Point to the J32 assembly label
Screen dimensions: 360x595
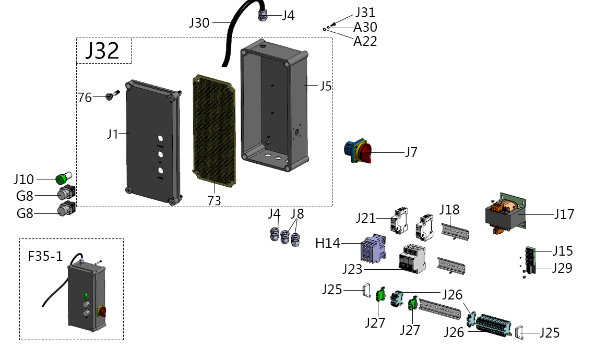pyautogui.click(x=102, y=51)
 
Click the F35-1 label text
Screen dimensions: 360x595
pyautogui.click(x=45, y=256)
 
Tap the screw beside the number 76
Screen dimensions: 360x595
pyautogui.click(x=112, y=96)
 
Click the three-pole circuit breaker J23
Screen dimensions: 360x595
pyautogui.click(x=411, y=258)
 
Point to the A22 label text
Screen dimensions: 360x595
pyautogui.click(x=365, y=41)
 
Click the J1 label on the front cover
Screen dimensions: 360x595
pyautogui.click(x=113, y=134)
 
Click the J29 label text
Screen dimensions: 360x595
pyautogui.click(x=562, y=268)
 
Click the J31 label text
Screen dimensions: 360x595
pyautogui.click(x=365, y=12)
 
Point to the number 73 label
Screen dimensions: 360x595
pyautogui.click(x=214, y=200)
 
